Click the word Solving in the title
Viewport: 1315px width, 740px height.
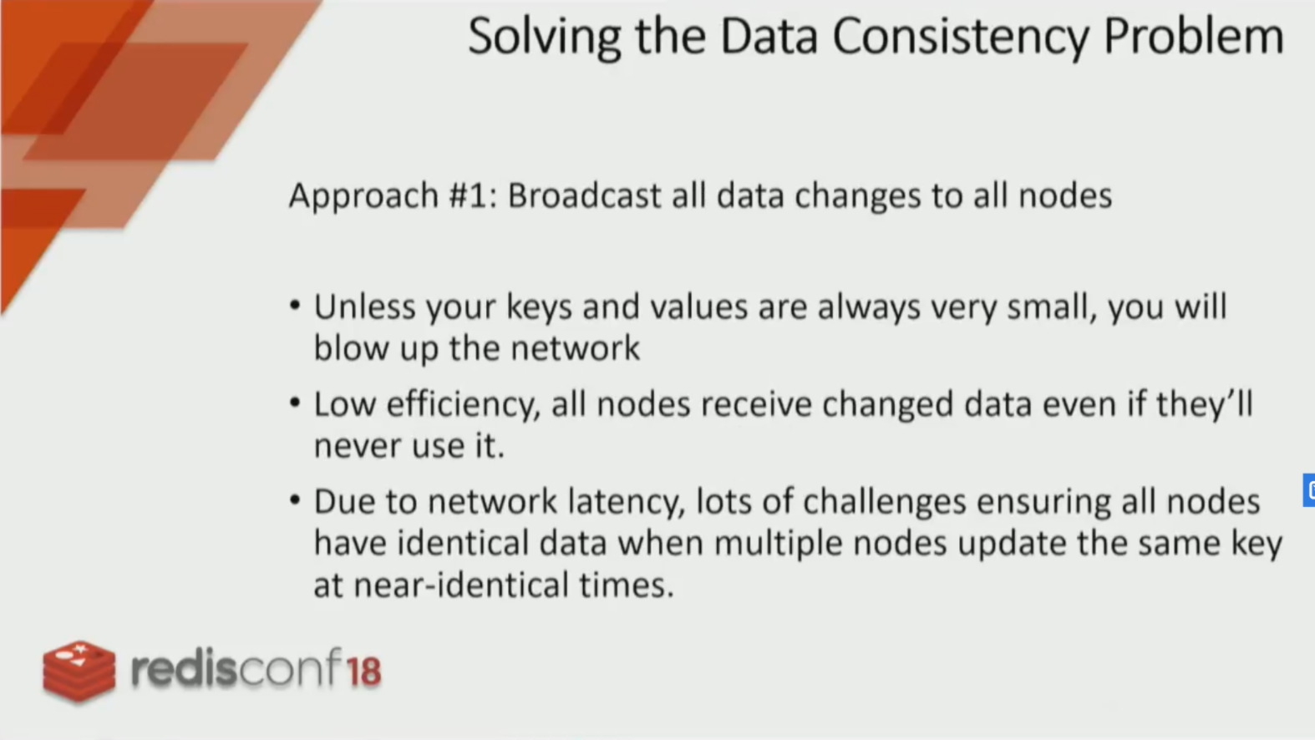click(545, 38)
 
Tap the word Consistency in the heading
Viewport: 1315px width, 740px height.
click(961, 38)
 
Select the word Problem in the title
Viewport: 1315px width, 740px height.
click(1194, 37)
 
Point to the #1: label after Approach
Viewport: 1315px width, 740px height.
click(473, 195)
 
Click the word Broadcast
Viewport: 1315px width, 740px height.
click(584, 195)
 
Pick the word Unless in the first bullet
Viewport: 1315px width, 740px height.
click(364, 307)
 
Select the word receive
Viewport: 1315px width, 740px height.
click(756, 404)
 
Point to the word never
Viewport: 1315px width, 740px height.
click(357, 446)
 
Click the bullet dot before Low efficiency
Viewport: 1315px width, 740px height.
click(295, 403)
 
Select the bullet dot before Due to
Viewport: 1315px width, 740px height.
click(295, 500)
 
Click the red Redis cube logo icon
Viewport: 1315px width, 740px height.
click(79, 672)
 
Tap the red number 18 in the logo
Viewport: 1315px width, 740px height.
click(363, 672)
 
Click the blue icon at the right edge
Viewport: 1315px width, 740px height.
click(1308, 490)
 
